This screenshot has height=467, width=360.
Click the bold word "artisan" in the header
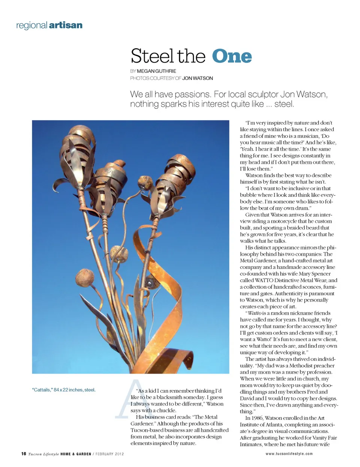coord(66,25)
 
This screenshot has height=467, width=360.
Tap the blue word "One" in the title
coord(232,57)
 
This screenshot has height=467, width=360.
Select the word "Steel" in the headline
coord(152,57)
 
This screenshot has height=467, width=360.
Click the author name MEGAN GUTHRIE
coord(156,71)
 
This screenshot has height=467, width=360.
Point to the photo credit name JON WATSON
coord(198,78)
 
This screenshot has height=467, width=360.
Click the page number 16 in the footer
coord(24,454)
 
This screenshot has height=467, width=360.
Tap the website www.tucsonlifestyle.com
coord(289,454)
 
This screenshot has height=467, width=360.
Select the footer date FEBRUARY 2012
coord(109,454)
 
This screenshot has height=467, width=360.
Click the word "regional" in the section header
coord(31,25)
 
